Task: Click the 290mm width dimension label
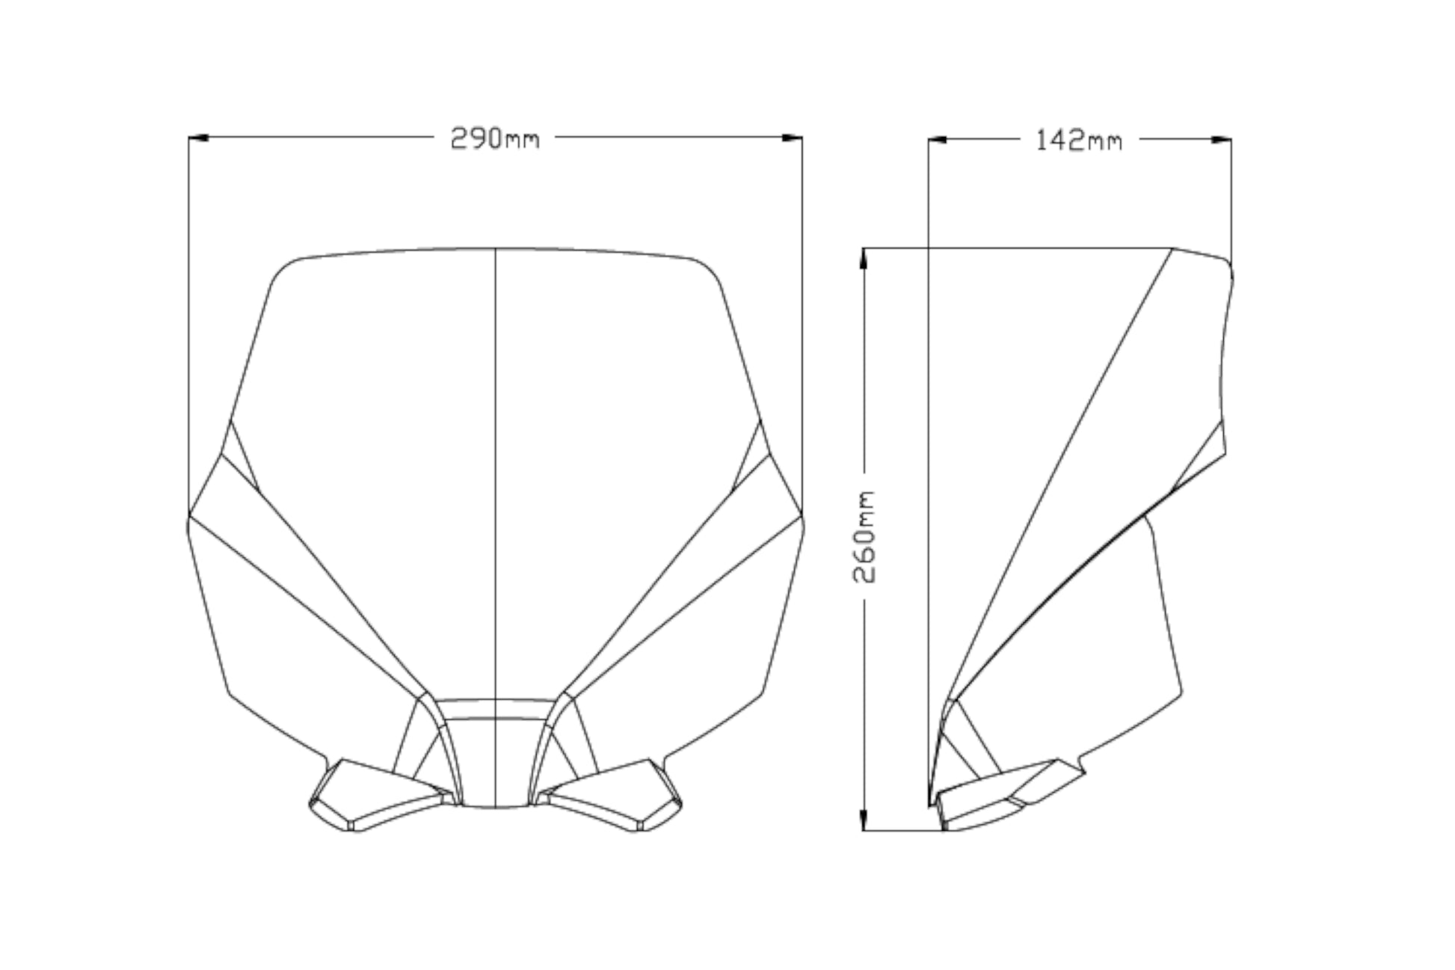click(494, 138)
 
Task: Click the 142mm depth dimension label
click(1078, 140)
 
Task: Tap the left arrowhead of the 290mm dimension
click(197, 138)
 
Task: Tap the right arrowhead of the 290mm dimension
click(793, 138)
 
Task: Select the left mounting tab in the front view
click(381, 794)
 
